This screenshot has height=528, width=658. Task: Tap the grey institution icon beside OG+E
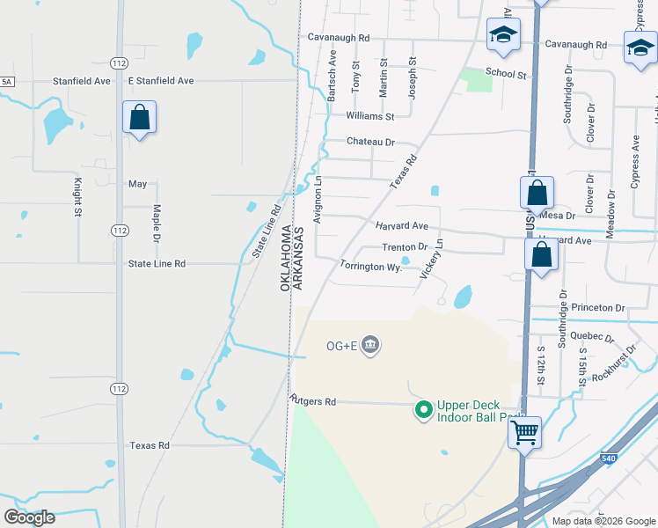click(x=370, y=343)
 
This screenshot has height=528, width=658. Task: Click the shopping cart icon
click(x=525, y=432)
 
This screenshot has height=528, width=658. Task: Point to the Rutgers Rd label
click(x=313, y=401)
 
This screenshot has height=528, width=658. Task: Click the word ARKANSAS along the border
click(x=298, y=258)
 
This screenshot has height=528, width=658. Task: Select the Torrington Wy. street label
click(x=370, y=266)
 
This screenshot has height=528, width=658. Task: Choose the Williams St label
click(x=370, y=116)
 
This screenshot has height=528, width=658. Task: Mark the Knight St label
click(x=77, y=197)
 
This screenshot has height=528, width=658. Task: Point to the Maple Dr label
click(x=157, y=224)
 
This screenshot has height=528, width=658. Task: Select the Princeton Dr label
click(x=597, y=308)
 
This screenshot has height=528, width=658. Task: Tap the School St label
click(x=505, y=75)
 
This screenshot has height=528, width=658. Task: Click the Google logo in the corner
click(x=29, y=517)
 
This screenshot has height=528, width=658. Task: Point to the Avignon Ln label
click(x=318, y=199)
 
